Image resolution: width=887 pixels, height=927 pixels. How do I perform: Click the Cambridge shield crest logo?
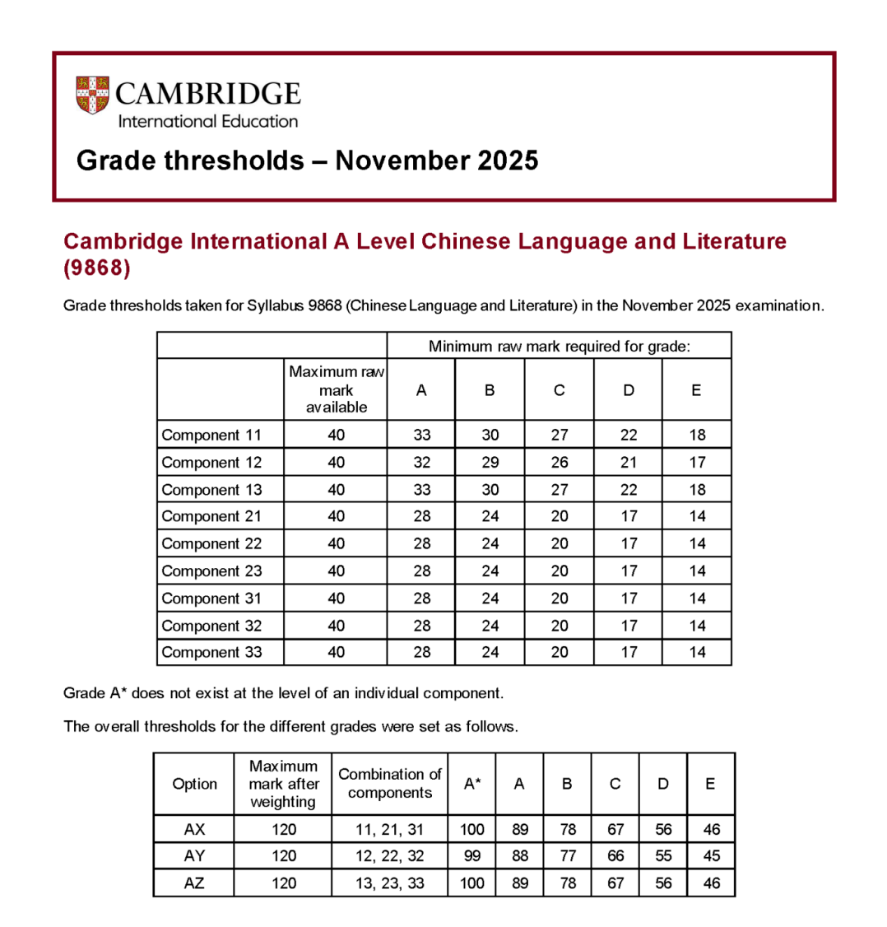click(92, 95)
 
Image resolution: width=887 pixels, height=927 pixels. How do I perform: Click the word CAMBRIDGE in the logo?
click(208, 92)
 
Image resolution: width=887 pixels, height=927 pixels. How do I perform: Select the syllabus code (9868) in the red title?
click(97, 268)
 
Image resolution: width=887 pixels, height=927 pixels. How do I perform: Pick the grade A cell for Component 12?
click(421, 462)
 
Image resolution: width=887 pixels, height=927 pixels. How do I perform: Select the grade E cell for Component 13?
click(697, 489)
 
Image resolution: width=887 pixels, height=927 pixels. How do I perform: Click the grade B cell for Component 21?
click(490, 516)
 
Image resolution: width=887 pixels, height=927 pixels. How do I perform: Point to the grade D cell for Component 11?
click(629, 435)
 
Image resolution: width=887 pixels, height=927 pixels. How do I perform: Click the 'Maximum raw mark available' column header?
click(336, 389)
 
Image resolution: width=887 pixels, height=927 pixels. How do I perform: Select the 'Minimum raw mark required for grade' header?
click(559, 346)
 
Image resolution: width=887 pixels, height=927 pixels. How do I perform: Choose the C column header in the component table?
click(559, 390)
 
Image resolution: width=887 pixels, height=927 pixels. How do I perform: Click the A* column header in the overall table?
click(472, 784)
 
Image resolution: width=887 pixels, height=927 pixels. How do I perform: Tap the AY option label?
click(194, 856)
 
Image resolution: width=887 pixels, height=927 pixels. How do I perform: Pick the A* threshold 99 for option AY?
click(472, 856)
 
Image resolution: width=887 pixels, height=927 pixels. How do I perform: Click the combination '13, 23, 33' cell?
click(389, 883)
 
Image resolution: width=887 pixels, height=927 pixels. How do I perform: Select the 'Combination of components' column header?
click(389, 784)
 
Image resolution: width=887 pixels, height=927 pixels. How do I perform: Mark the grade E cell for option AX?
click(712, 829)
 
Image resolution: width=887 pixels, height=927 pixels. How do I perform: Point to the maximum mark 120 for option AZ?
click(282, 883)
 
